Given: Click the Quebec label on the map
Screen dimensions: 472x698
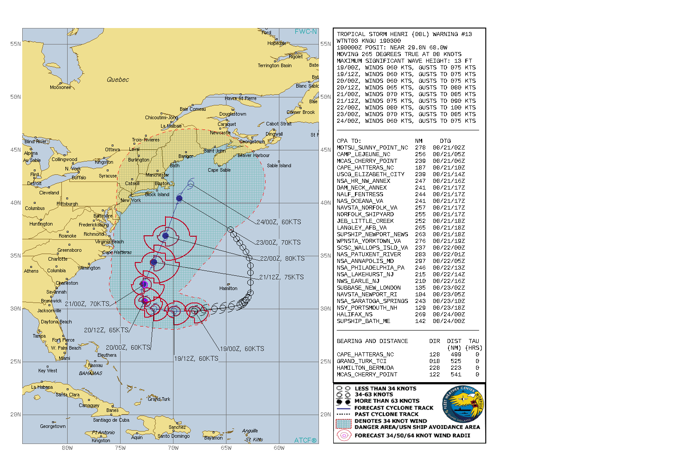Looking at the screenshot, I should [117, 80].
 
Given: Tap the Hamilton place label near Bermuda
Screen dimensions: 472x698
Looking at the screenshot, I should [228, 288].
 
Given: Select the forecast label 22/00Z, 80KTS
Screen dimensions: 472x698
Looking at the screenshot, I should [282, 258].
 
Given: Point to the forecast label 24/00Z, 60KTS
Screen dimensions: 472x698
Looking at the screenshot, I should [278, 222].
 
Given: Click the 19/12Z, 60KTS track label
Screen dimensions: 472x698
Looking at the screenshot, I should [196, 359].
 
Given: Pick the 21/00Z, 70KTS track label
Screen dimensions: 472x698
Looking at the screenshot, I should [87, 304].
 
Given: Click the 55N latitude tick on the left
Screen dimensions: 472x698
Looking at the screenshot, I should [15, 44].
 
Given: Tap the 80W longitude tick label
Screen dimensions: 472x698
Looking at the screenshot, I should [67, 448].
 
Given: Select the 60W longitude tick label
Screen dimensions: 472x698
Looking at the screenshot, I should [279, 448].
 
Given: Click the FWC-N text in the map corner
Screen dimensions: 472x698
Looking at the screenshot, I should [306, 32].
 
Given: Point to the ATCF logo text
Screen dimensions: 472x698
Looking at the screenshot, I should [305, 440].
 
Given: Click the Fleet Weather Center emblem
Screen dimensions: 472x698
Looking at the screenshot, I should [463, 404].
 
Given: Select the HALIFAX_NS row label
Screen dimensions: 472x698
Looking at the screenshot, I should [355, 315].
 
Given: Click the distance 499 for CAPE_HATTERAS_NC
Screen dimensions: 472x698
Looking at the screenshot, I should [456, 355].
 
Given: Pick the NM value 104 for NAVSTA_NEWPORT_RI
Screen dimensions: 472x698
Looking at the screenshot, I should [420, 294].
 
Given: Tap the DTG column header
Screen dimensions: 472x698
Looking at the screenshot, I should [445, 141].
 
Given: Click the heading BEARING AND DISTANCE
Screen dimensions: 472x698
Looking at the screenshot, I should [372, 341].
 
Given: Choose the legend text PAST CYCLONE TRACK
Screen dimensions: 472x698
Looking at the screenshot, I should [386, 414].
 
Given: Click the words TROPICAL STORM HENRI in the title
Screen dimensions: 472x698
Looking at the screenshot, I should [372, 34].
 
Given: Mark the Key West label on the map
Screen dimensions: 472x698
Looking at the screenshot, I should [48, 371].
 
